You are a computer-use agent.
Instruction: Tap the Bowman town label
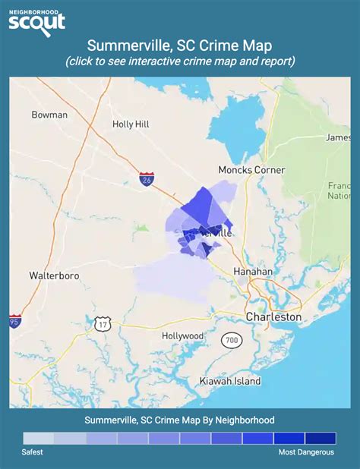coord(49,115)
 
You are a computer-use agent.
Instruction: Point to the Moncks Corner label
coord(251,170)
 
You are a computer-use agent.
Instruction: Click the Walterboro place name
coord(54,275)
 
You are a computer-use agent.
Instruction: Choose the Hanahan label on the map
coord(252,271)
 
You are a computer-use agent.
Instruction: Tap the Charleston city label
coord(273,316)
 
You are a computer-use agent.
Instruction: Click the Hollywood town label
coord(183,335)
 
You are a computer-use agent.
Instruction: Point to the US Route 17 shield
coord(104,324)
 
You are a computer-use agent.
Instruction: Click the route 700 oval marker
coord(232,340)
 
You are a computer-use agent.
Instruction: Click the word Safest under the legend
coord(33,452)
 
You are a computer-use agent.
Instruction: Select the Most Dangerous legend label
coord(306,452)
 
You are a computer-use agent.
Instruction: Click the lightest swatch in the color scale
coord(38,438)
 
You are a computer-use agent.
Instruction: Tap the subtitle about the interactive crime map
coord(180,61)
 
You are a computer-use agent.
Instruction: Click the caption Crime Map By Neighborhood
coord(180,419)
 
